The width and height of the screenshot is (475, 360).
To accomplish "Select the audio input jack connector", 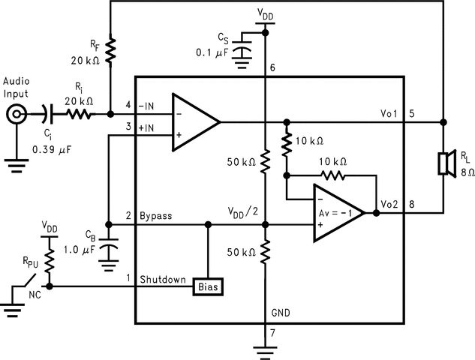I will tap(17, 115).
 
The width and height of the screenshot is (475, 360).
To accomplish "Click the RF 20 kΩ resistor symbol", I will tap(110, 51).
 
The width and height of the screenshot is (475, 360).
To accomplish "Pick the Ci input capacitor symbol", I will tap(47, 115).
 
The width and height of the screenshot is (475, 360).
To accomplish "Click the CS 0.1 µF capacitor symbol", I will tap(242, 49).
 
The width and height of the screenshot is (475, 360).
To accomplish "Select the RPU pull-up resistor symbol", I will tap(50, 261).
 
